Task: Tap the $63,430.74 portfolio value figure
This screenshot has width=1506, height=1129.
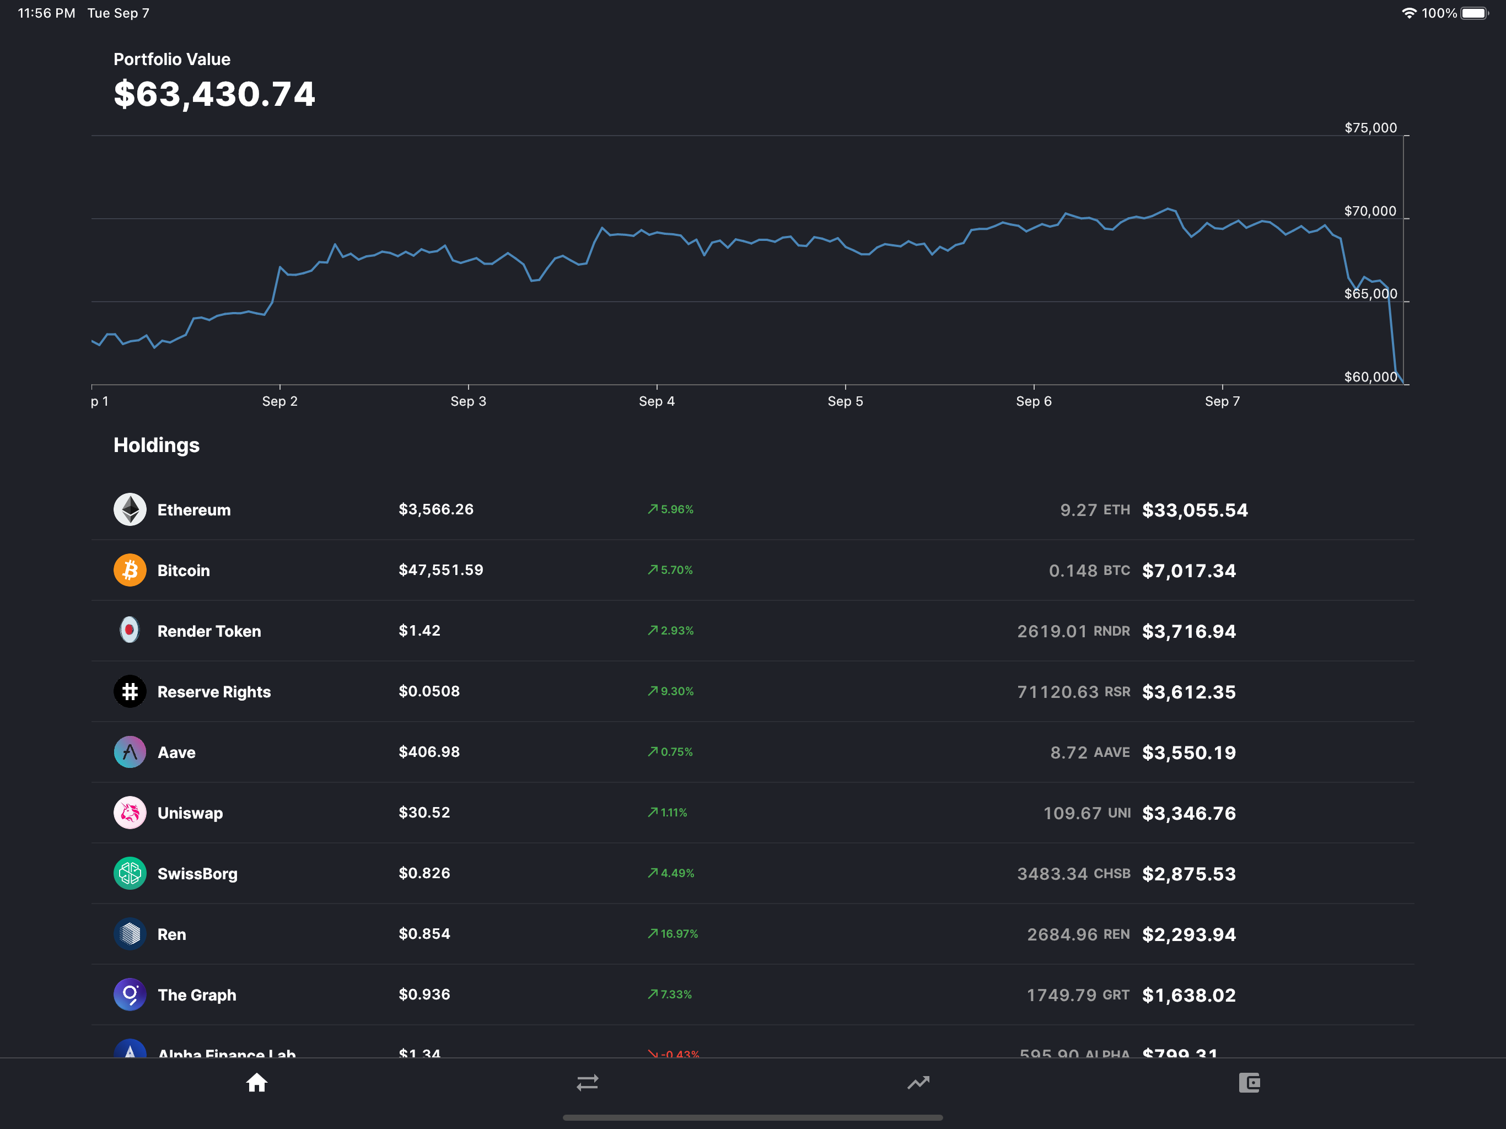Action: [214, 94]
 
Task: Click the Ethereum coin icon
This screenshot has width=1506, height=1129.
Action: [130, 509]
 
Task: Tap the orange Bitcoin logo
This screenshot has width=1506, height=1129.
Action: [130, 570]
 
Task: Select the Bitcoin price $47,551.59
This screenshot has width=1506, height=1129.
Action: [440, 570]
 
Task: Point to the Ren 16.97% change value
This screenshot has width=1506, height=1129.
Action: [678, 933]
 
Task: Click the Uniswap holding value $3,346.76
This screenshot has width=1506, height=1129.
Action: [1188, 813]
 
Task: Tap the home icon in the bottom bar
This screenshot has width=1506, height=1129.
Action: [257, 1082]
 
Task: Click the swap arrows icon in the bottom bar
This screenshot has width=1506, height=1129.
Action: [587, 1082]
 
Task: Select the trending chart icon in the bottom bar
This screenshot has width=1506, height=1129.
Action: [918, 1082]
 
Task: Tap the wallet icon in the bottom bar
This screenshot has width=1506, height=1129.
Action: [1249, 1082]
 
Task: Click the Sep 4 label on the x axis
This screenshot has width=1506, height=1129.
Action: [657, 401]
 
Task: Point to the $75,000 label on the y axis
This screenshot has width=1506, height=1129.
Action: [1370, 128]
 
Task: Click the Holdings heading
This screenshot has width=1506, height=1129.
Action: [156, 445]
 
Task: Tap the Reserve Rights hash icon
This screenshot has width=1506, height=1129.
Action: [130, 691]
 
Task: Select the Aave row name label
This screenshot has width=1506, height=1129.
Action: [176, 752]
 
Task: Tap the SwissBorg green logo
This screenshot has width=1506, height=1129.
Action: [130, 873]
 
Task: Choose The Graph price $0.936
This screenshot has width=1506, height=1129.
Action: [424, 994]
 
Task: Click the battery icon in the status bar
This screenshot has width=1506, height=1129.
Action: [1474, 13]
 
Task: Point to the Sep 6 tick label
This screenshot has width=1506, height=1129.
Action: [1034, 401]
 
